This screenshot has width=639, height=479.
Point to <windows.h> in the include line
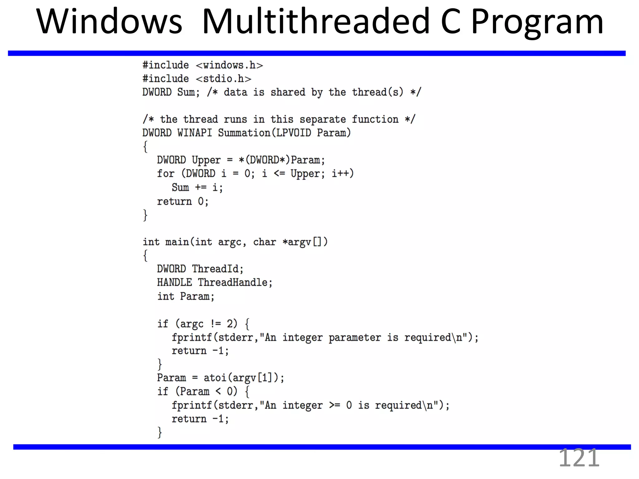click(x=229, y=65)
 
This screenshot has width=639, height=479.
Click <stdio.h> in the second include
click(x=223, y=79)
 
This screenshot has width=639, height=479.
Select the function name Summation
click(x=244, y=133)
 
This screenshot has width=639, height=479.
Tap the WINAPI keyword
click(x=194, y=133)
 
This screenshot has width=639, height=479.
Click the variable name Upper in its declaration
click(x=206, y=160)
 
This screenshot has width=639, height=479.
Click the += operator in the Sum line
click(x=201, y=187)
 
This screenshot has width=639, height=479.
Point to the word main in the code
click(x=177, y=242)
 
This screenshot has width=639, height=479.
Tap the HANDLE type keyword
click(x=174, y=283)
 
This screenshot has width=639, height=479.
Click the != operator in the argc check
click(x=216, y=324)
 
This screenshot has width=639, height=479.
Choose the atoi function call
click(x=215, y=378)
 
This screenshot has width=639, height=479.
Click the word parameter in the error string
click(x=355, y=337)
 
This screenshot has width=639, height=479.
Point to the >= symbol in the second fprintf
click(x=334, y=405)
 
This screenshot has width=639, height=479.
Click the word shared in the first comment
click(x=288, y=92)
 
